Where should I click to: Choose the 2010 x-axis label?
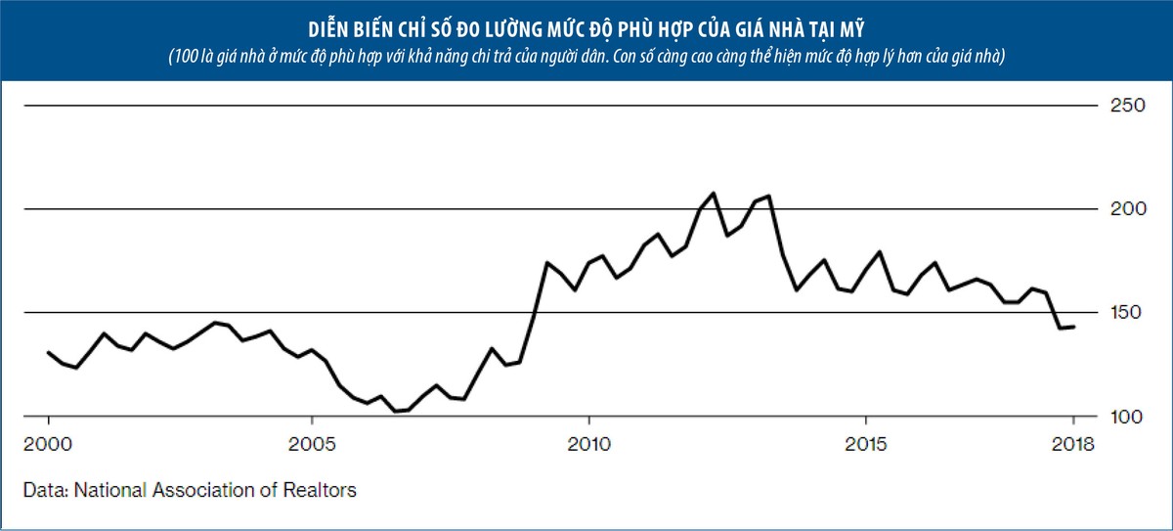tap(587, 444)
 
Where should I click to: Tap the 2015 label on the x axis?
tap(865, 444)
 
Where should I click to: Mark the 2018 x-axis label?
tap(1074, 444)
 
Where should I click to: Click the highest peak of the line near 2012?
tap(713, 193)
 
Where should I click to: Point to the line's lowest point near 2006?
tap(395, 412)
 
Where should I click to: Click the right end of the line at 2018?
tap(1074, 327)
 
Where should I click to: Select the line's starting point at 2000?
tap(48, 352)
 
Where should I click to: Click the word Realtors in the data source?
tap(323, 489)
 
